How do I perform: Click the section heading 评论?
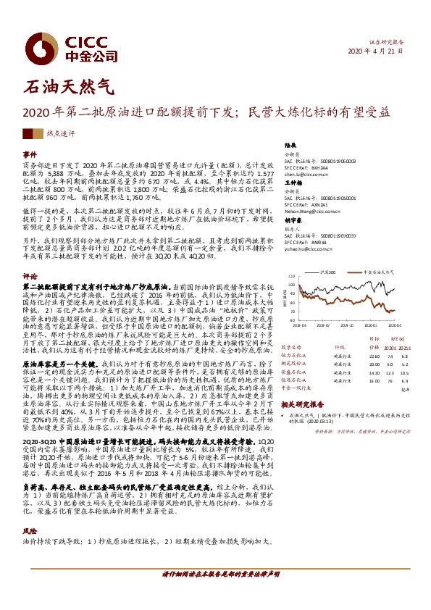[x=30, y=276]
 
